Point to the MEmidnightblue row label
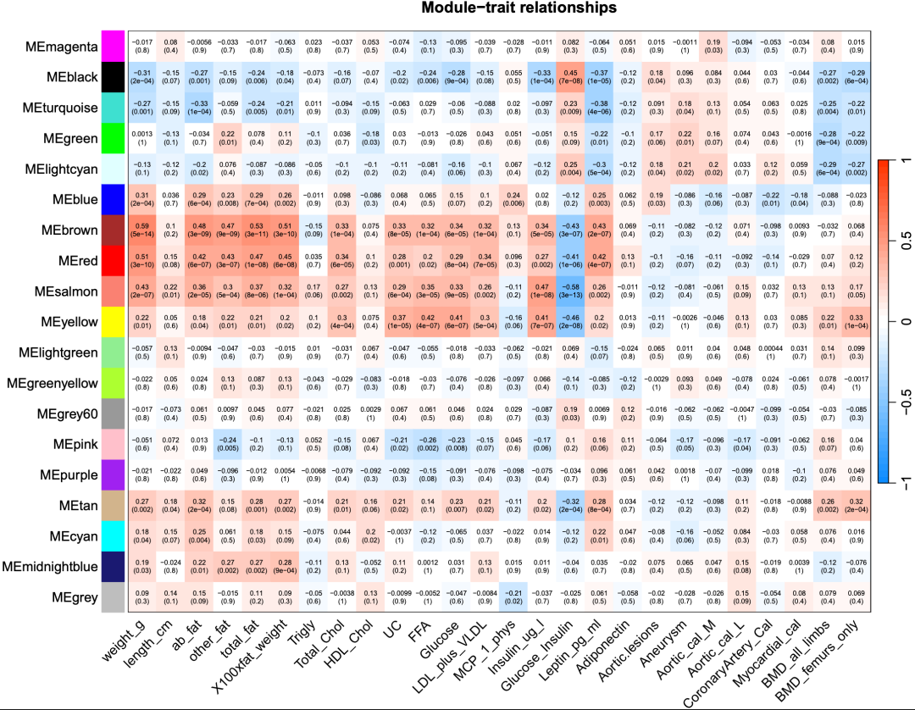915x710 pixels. coord(53,564)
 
